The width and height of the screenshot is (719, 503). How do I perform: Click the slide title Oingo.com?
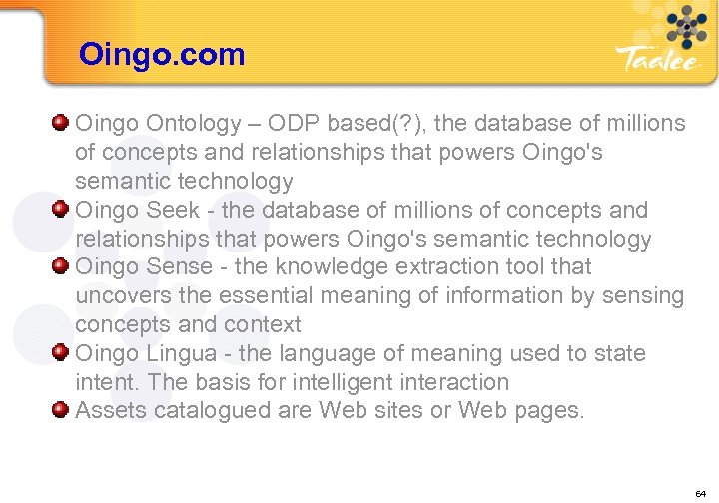162,54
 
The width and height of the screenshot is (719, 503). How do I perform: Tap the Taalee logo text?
660,60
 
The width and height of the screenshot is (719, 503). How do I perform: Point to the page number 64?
700,492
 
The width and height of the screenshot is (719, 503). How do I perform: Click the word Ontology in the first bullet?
195,124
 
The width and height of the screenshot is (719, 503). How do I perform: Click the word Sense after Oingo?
180,267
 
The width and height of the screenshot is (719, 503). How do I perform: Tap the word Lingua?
187,354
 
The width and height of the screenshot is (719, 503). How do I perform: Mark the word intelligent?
329,383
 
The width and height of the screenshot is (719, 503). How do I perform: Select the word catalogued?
207,411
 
